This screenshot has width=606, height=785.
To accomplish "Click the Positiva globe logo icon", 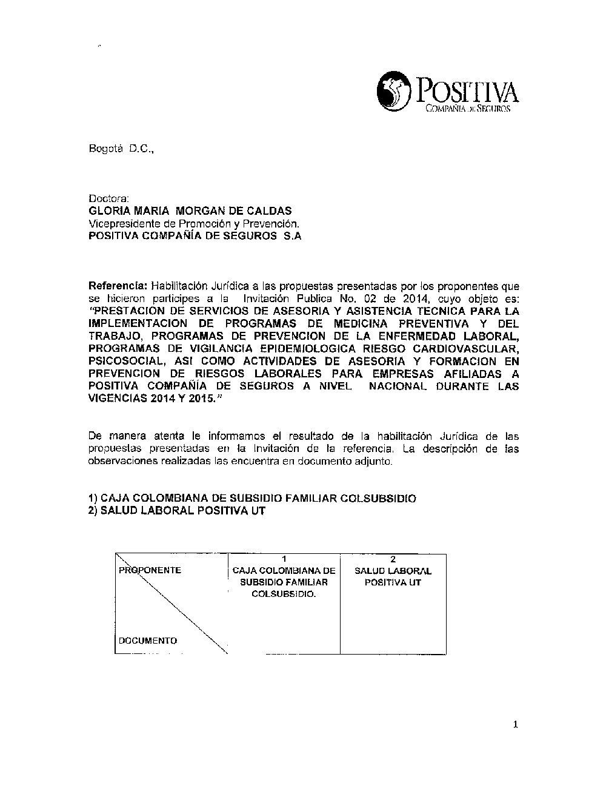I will [395, 91].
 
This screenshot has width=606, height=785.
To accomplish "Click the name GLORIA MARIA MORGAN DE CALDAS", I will [190, 211].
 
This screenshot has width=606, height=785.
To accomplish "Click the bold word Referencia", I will [118, 286].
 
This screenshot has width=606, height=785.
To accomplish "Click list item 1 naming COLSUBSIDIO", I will [252, 499].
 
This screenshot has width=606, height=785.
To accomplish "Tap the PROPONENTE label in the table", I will [150, 570].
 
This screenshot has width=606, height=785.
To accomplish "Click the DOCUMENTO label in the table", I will [148, 641].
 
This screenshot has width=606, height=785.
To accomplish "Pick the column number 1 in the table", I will [284, 559].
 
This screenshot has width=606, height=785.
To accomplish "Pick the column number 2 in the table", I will [393, 559].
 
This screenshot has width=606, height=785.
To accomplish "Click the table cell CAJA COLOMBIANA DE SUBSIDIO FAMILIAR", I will [284, 582].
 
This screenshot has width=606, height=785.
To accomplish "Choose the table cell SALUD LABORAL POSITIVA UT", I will [393, 577].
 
